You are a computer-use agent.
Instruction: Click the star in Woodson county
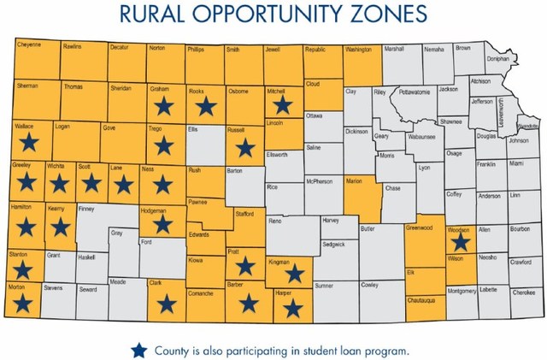[460, 242]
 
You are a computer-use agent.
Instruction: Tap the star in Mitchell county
[282, 104]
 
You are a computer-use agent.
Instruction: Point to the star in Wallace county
[29, 143]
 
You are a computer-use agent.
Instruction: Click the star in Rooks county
[204, 106]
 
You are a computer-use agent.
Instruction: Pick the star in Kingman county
[295, 273]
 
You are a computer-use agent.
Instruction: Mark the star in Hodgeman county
[161, 224]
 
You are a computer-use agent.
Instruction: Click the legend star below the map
[139, 350]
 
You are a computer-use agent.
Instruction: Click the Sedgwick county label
[333, 244]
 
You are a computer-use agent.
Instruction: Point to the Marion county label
[354, 181]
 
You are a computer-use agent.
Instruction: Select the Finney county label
[85, 208]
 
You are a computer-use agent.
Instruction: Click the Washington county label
[359, 50]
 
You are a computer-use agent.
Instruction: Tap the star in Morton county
[23, 302]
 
